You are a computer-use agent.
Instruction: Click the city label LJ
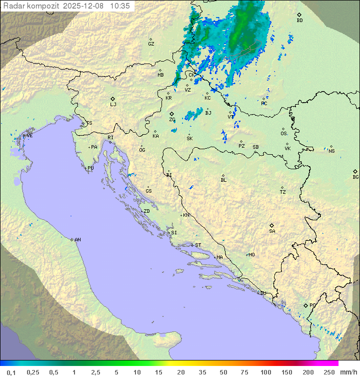tap(113, 105)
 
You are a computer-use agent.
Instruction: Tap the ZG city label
tap(172, 120)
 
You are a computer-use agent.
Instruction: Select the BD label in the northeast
tap(299, 21)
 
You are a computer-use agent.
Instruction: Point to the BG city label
tap(355, 177)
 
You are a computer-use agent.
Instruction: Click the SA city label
tap(272, 231)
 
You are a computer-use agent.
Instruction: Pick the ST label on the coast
tap(197, 245)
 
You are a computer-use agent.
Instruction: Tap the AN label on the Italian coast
tap(77, 240)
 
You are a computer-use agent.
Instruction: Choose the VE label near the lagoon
tap(29, 136)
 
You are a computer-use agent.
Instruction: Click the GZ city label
tap(151, 44)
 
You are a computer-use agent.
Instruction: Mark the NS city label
tap(331, 151)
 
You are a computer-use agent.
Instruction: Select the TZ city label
tap(283, 192)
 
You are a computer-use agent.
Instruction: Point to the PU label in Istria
tap(90, 168)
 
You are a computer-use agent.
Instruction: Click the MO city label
tap(251, 255)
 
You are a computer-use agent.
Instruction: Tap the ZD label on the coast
tap(146, 211)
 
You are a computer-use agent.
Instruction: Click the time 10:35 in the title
tap(119, 6)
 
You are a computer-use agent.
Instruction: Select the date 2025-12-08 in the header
tap(84, 6)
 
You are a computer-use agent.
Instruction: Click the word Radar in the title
tap(13, 6)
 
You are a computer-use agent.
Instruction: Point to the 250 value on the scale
tap(329, 372)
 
